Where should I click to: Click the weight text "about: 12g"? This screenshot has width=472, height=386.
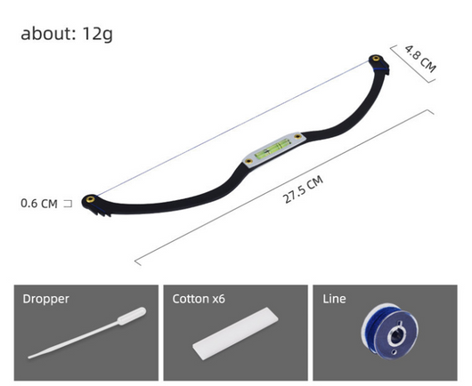(x=67, y=34)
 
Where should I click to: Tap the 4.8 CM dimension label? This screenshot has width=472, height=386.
(x=420, y=59)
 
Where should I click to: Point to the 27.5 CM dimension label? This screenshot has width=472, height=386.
(x=303, y=189)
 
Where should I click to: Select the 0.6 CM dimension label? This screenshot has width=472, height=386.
(x=39, y=204)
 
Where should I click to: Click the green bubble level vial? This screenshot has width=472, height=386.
(x=273, y=149)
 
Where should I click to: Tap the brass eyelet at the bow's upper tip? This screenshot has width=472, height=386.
(x=376, y=59)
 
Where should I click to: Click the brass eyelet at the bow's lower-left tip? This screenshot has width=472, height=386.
(x=90, y=199)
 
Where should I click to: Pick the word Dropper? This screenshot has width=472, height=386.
(x=45, y=299)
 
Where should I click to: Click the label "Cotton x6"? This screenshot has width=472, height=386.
(x=199, y=299)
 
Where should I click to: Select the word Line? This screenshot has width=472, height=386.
(x=334, y=299)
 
